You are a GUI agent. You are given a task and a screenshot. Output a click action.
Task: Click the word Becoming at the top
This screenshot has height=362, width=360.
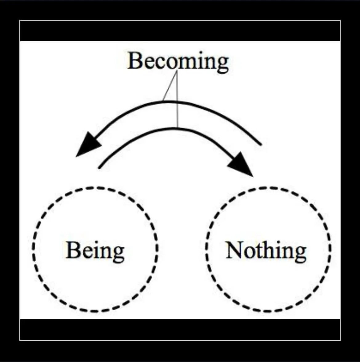point(178,61)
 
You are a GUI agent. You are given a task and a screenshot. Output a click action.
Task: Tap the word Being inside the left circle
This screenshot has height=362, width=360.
point(95,250)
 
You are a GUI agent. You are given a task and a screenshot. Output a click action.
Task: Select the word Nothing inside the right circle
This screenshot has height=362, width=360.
point(266,250)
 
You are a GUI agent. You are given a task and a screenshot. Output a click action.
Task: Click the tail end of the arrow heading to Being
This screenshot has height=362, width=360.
point(260,143)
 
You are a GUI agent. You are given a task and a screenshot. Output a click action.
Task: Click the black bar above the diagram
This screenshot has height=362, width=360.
point(180,31)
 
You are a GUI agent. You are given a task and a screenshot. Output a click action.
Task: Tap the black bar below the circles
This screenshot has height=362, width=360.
point(180,329)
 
